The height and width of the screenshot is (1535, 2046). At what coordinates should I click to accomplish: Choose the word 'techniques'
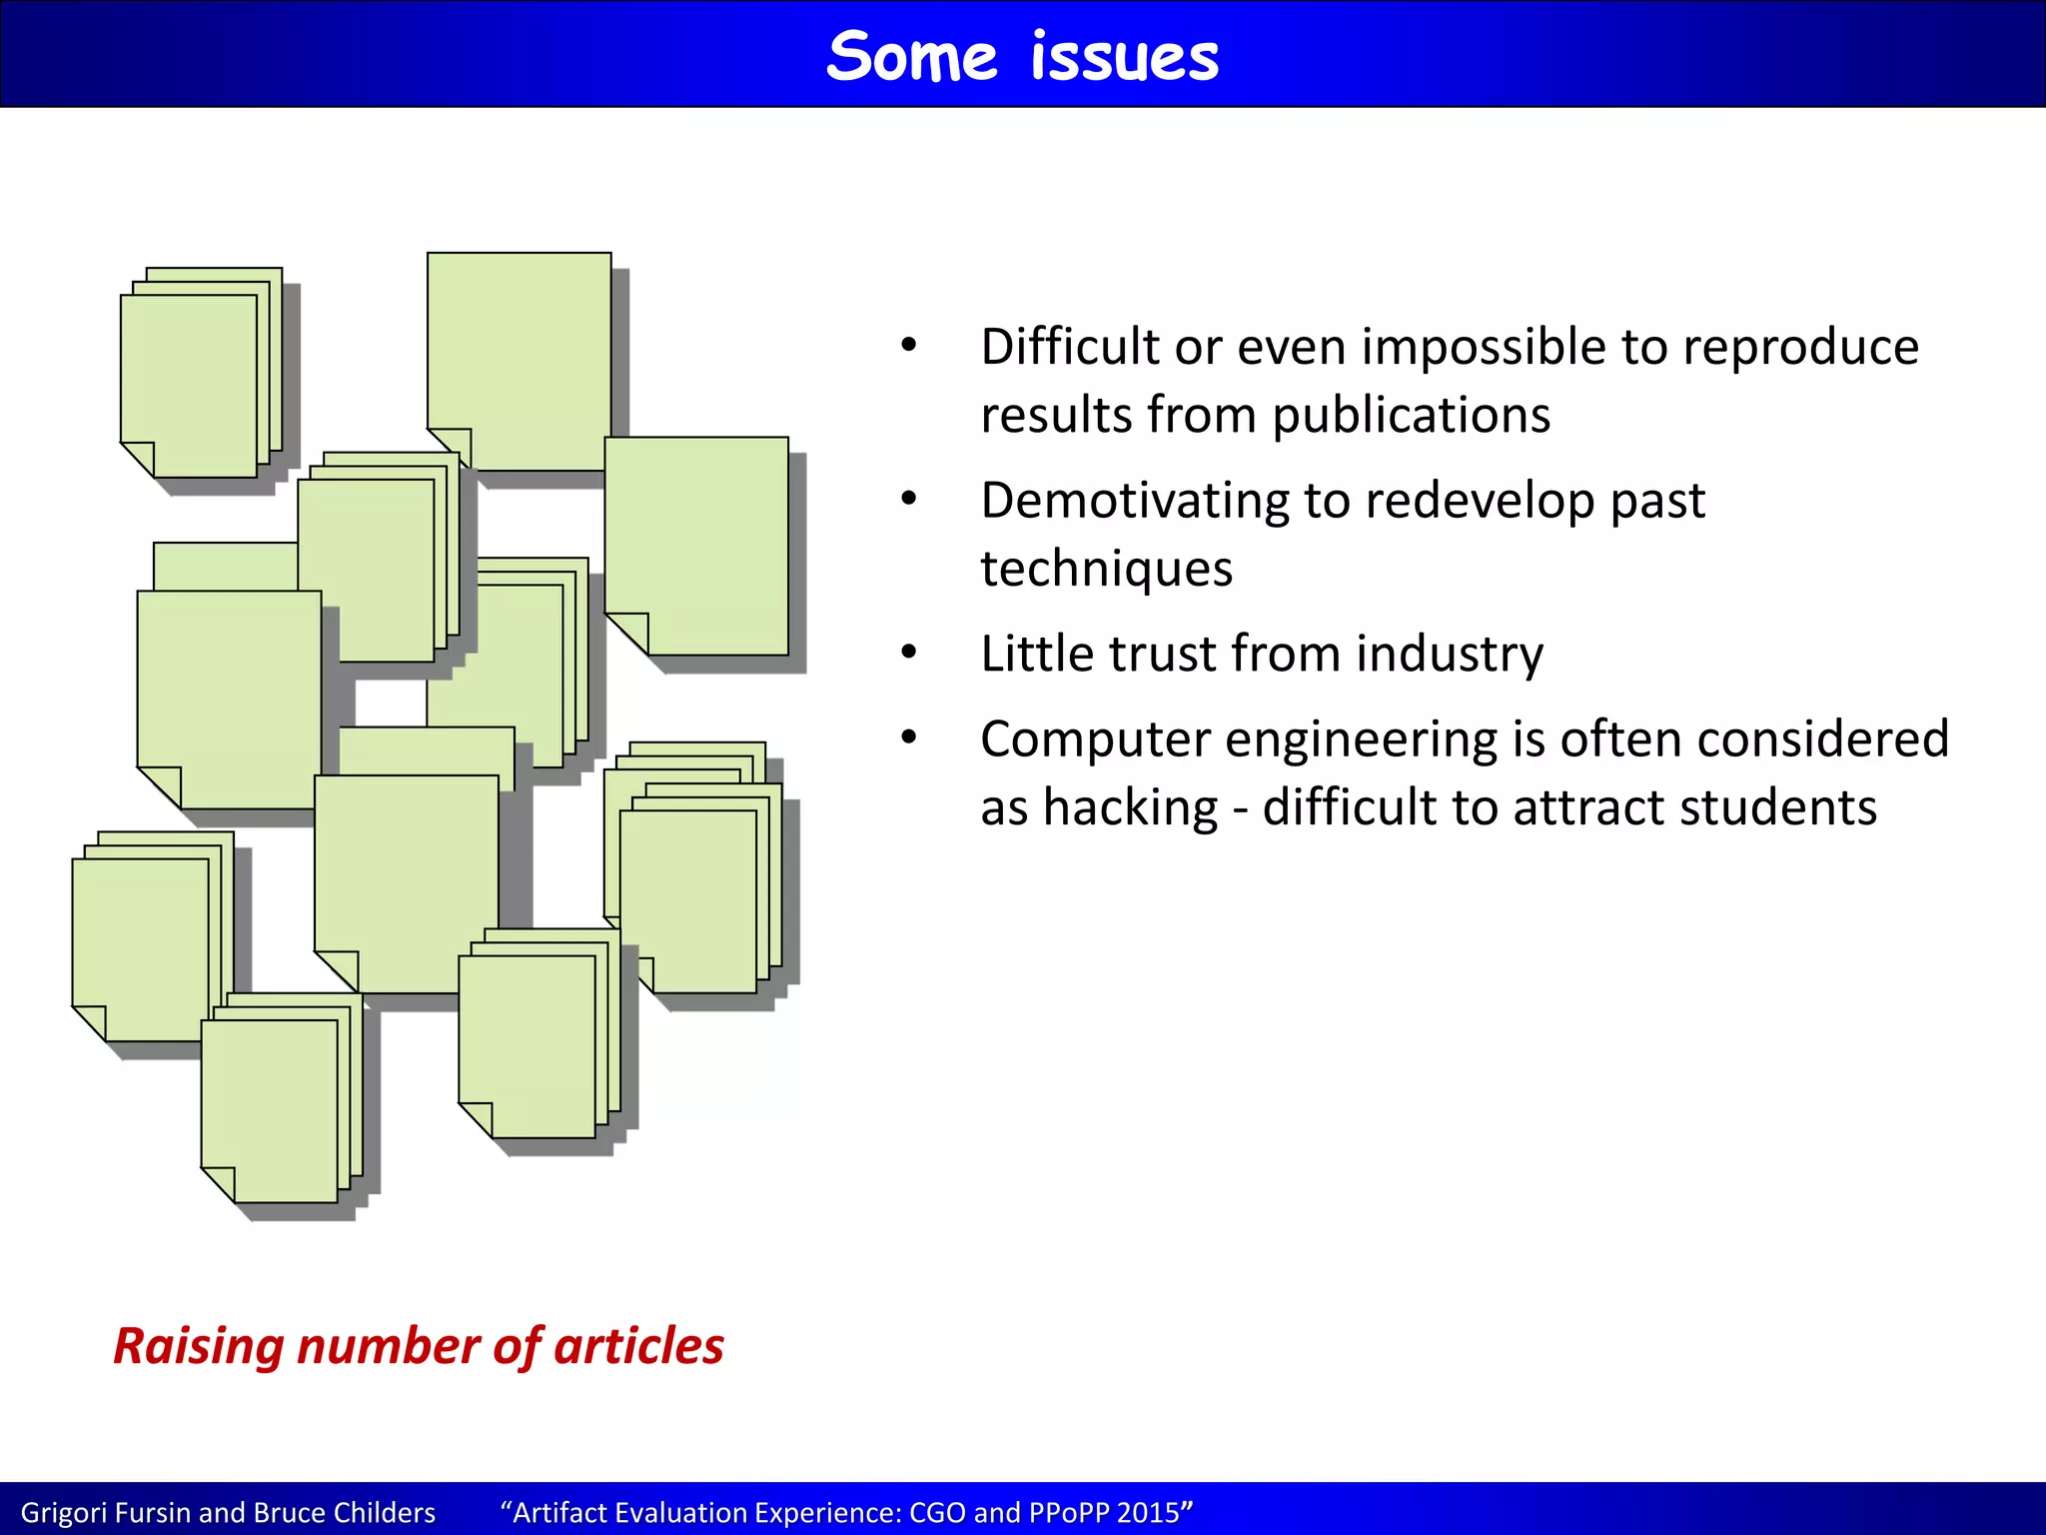(x=1106, y=569)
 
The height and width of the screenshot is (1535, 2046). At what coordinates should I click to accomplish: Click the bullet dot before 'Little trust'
(x=908, y=653)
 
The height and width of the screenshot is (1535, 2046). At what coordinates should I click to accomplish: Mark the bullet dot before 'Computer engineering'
(x=908, y=739)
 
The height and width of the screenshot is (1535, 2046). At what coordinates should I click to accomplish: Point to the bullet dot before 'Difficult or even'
(x=908, y=346)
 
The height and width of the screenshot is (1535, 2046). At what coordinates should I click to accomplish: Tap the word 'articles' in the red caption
(x=638, y=1346)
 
